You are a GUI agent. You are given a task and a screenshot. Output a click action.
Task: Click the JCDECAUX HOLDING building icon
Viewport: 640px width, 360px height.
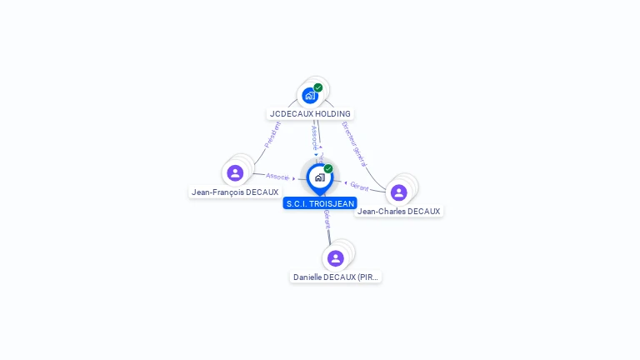310,96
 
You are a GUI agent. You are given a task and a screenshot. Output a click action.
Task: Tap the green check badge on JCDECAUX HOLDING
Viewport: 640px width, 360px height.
318,87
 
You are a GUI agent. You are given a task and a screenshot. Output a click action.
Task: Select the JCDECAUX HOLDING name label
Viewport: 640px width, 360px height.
310,113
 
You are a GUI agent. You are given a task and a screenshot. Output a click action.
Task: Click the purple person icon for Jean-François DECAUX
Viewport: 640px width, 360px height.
235,173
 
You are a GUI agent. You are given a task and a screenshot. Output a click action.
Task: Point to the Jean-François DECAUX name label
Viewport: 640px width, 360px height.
235,192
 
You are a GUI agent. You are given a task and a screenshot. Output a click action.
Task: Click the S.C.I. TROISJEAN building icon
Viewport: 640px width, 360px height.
319,177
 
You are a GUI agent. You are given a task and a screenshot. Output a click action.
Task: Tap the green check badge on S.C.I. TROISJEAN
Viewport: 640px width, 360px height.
328,168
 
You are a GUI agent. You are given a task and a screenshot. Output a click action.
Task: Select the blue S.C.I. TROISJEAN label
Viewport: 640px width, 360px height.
320,203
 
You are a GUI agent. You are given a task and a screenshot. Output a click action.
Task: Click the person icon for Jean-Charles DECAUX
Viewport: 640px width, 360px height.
399,192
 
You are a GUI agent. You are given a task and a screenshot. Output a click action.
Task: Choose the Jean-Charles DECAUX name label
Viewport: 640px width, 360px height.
399,211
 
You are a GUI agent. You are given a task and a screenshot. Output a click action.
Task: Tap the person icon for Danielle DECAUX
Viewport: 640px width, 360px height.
336,258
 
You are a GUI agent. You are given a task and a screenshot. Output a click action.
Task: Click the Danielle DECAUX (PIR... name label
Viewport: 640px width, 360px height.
336,277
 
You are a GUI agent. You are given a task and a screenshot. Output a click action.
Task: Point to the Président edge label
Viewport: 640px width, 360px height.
272,134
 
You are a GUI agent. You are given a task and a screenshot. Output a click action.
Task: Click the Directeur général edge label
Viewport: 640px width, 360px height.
354,143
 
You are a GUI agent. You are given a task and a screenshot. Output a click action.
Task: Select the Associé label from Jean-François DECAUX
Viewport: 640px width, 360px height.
277,177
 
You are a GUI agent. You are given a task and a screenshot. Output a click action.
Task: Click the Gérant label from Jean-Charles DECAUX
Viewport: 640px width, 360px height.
359,187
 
